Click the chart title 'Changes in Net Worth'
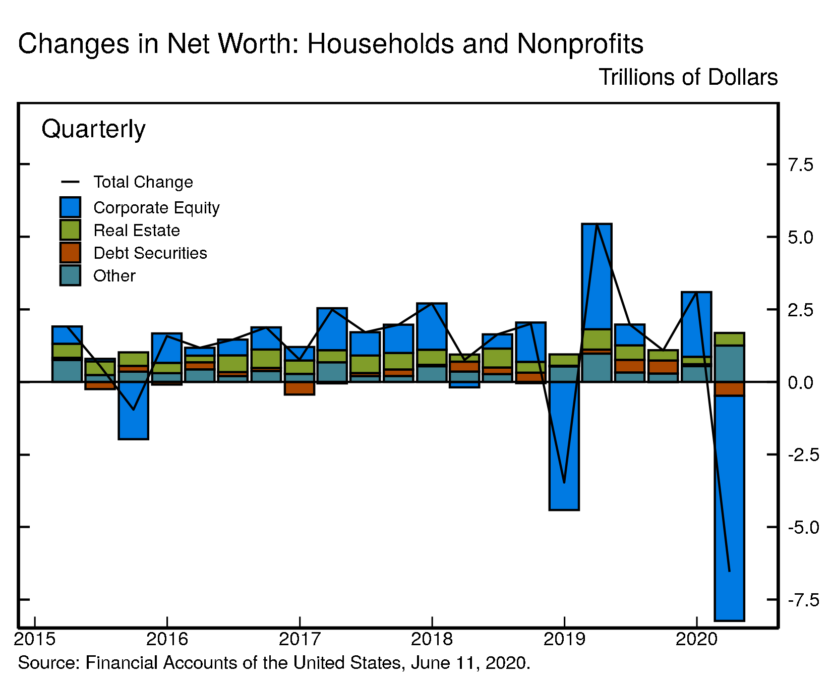click(330, 44)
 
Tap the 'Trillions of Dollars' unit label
click(688, 78)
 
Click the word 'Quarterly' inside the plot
click(93, 129)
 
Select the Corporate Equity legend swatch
click(70, 207)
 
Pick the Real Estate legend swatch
click(70, 230)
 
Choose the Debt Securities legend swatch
click(70, 253)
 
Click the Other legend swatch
click(70, 275)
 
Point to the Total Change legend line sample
click(70, 182)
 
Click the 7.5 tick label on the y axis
click(800, 165)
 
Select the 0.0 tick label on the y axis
click(800, 383)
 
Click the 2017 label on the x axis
click(300, 640)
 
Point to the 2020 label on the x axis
click(696, 640)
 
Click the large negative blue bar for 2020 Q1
click(729, 504)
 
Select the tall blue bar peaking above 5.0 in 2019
click(597, 277)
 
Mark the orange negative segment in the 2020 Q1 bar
click(729, 389)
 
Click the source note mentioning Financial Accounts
click(274, 663)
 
